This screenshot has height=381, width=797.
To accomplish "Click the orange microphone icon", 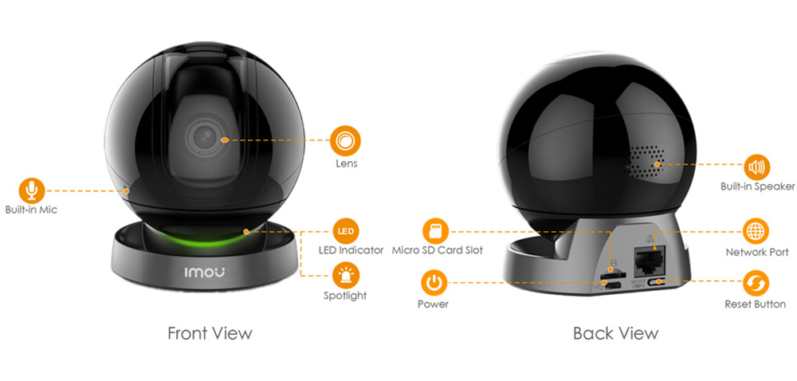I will [x=31, y=190].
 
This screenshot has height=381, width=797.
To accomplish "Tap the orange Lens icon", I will [x=345, y=140].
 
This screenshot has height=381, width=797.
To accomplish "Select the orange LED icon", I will [x=345, y=231].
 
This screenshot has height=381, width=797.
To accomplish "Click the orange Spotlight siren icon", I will [x=345, y=275].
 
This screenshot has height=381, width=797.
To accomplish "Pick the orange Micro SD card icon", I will [x=435, y=231].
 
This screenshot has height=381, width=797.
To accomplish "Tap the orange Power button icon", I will [x=434, y=282].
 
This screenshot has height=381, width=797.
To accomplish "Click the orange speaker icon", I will [x=756, y=167].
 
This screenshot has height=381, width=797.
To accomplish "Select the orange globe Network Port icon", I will [x=756, y=232].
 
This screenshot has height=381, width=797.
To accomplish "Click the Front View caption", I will [x=210, y=332].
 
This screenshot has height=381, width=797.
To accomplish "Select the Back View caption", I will [x=615, y=332].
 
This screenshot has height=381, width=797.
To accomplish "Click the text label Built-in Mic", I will [x=31, y=210].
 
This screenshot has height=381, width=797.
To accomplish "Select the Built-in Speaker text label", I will [x=757, y=187].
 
